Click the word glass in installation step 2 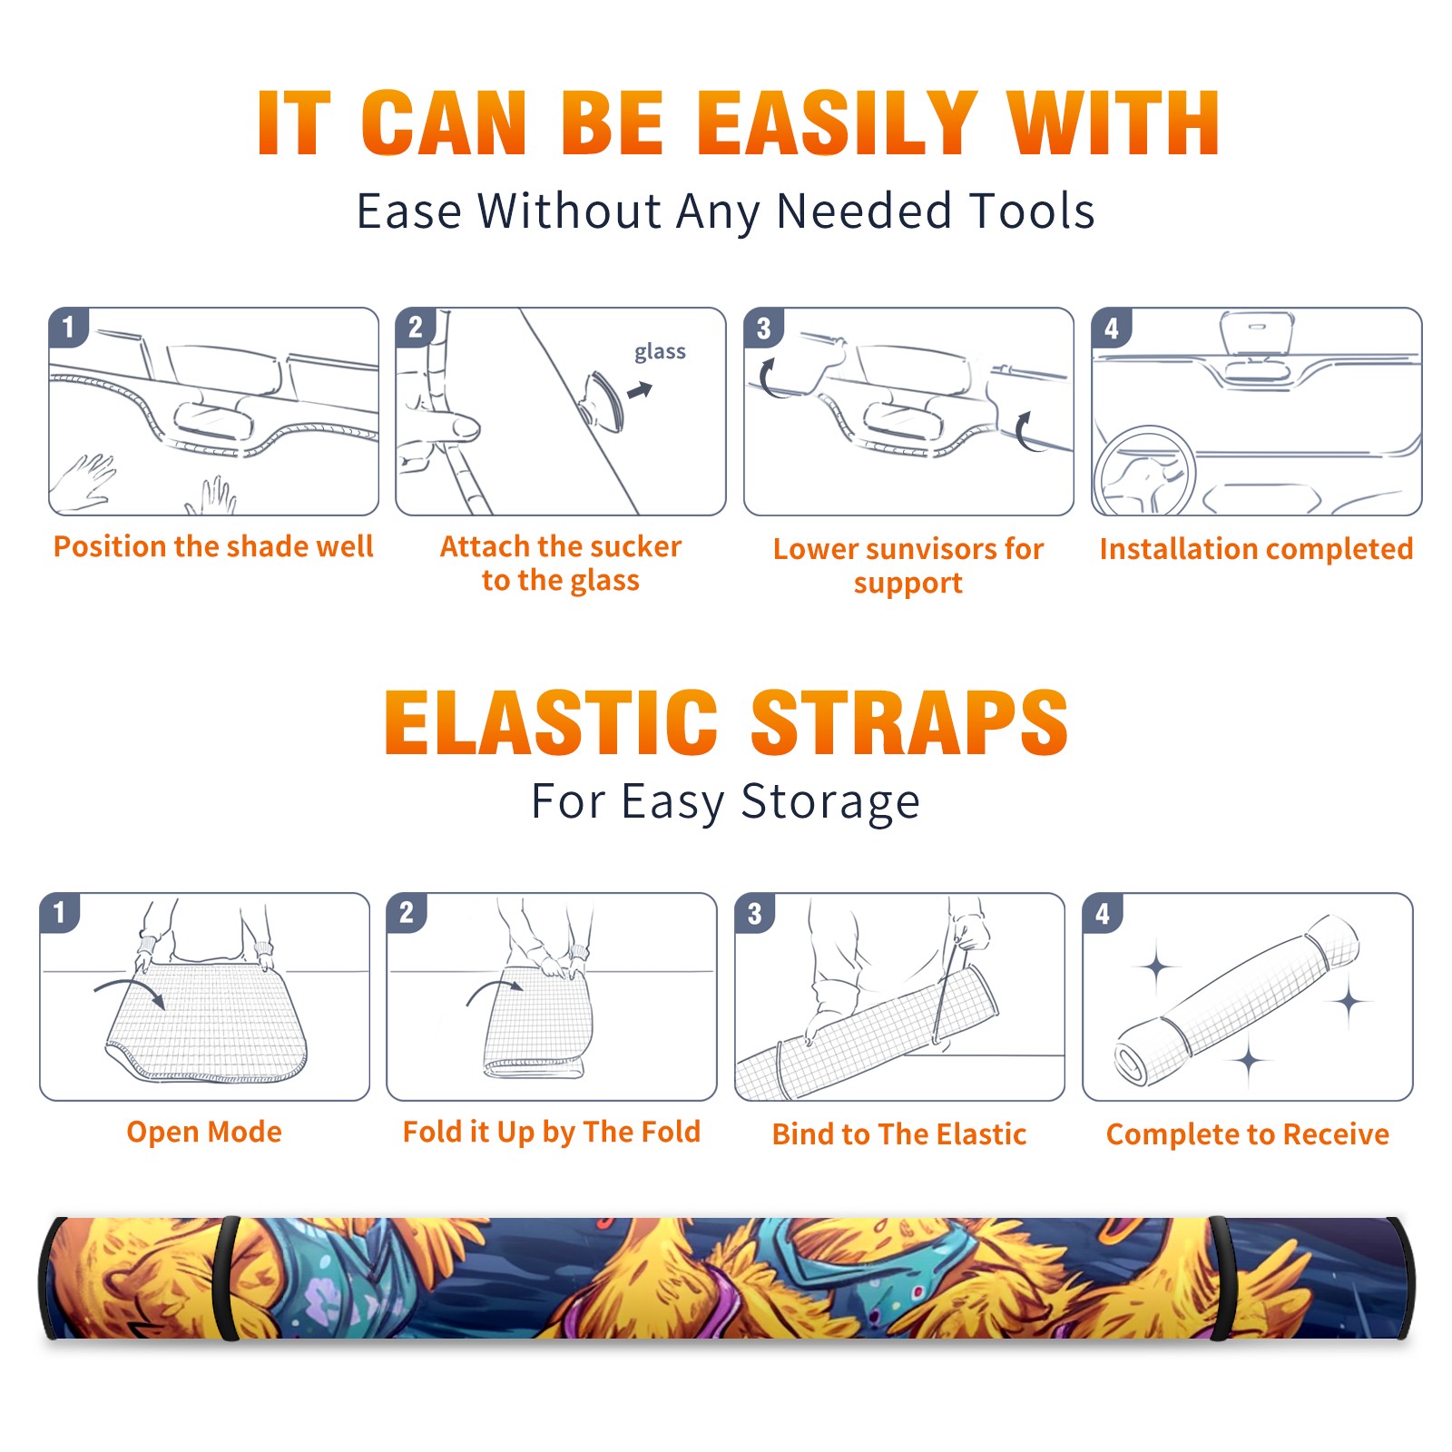click(660, 351)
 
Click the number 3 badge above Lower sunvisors click(763, 328)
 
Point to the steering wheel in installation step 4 click(1143, 472)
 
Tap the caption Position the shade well click(213, 546)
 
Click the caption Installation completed click(1256, 549)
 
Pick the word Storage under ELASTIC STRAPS click(830, 802)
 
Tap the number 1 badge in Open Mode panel click(60, 912)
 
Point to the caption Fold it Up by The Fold click(552, 1132)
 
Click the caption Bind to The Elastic click(899, 1134)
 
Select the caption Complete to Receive click(1248, 1134)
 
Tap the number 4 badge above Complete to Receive click(1103, 912)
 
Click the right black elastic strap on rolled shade click(1221, 1278)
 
